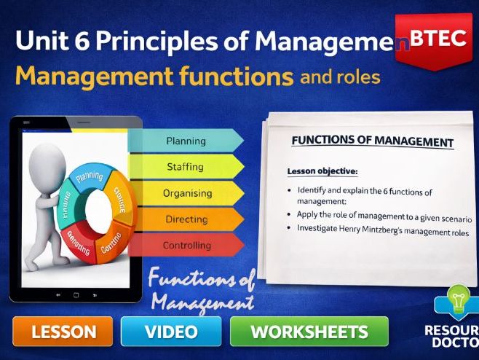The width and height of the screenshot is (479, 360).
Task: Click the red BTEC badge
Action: pyautogui.click(x=438, y=40)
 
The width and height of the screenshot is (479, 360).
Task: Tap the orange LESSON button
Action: pyautogui.click(x=63, y=332)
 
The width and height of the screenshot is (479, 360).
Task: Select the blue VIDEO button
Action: pyautogui.click(x=171, y=332)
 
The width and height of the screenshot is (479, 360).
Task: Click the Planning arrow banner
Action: pyautogui.click(x=186, y=141)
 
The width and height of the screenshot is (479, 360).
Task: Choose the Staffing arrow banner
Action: pyautogui.click(x=186, y=167)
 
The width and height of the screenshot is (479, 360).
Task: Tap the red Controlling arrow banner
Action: pyautogui.click(x=186, y=245)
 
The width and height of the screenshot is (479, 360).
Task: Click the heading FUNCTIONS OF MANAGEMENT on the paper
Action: pyautogui.click(x=372, y=141)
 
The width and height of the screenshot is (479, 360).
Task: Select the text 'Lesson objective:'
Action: pyautogui.click(x=322, y=171)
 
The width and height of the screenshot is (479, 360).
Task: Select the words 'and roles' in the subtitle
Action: pyautogui.click(x=339, y=76)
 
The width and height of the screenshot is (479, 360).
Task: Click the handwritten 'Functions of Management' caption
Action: pyautogui.click(x=200, y=290)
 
